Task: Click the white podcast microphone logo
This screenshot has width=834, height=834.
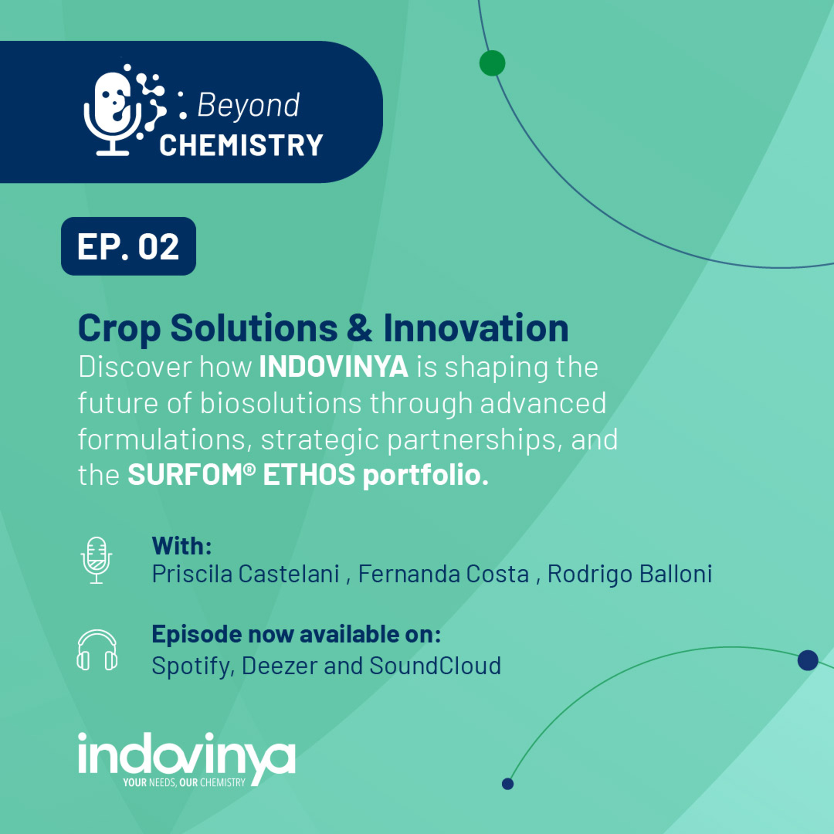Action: pyautogui.click(x=124, y=110)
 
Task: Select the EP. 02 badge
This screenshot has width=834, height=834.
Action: pyautogui.click(x=128, y=246)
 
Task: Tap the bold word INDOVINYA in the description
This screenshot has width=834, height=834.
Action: pyautogui.click(x=334, y=367)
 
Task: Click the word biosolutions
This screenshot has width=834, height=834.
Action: pyautogui.click(x=281, y=403)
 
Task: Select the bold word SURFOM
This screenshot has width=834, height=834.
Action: pyautogui.click(x=191, y=475)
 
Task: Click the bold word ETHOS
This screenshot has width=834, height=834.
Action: pyautogui.click(x=309, y=475)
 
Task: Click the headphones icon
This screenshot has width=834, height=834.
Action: pyautogui.click(x=97, y=650)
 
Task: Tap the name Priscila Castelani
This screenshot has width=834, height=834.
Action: pyautogui.click(x=245, y=574)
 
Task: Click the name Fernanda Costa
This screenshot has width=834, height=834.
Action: pyautogui.click(x=444, y=574)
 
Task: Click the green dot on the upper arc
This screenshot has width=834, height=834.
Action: pyautogui.click(x=492, y=63)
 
